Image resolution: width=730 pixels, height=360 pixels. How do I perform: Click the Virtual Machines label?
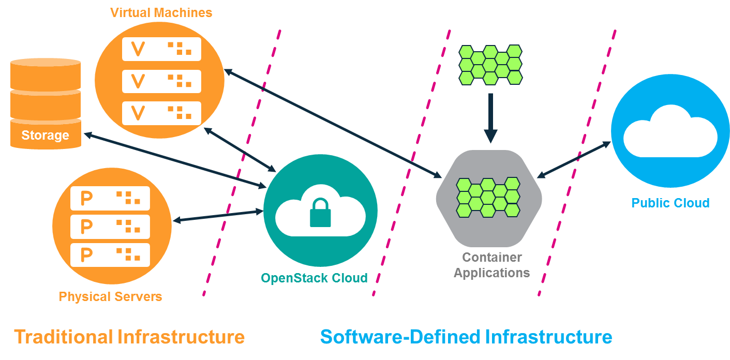pyautogui.click(x=161, y=13)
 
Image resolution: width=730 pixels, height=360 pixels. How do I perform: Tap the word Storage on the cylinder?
pyautogui.click(x=45, y=136)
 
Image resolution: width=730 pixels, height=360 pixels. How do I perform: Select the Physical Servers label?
pyautogui.click(x=110, y=297)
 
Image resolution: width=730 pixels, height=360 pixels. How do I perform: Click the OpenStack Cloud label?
pyautogui.click(x=314, y=278)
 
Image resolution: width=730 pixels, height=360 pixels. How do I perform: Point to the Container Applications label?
pyautogui.click(x=491, y=265)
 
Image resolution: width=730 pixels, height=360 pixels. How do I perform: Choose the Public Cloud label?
pyautogui.click(x=670, y=203)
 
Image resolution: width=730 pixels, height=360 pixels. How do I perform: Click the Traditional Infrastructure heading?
pyautogui.click(x=129, y=337)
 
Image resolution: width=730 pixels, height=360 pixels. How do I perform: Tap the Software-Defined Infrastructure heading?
pyautogui.click(x=466, y=337)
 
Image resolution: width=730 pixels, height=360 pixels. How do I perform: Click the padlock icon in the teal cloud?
pyautogui.click(x=320, y=213)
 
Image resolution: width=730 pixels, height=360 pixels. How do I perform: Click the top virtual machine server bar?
pyautogui.click(x=161, y=49)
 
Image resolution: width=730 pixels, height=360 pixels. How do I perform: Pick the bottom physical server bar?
pyautogui.click(x=110, y=254)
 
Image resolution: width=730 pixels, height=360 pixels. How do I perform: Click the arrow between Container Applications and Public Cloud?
pyautogui.click(x=574, y=160)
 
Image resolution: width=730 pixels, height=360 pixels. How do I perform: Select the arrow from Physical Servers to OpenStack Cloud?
pyautogui.click(x=218, y=216)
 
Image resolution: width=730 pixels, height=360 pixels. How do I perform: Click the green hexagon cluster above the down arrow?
pyautogui.click(x=490, y=65)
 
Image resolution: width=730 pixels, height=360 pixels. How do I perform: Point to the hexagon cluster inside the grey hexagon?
pyautogui.click(x=488, y=197)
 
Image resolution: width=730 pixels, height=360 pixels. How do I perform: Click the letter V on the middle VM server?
pyautogui.click(x=138, y=81)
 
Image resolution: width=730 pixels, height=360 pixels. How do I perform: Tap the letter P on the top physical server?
pyautogui.click(x=87, y=198)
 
